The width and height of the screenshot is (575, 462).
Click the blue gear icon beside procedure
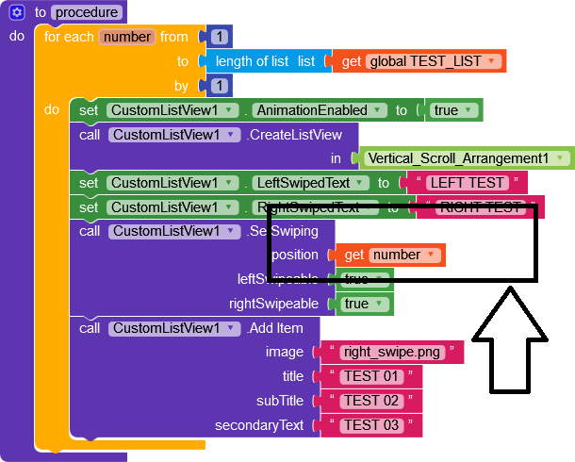pyautogui.click(x=17, y=13)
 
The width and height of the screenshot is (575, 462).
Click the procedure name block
pyautogui.click(x=88, y=13)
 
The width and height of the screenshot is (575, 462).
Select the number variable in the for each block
pyautogui.click(x=126, y=37)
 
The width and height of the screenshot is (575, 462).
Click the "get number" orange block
pyautogui.click(x=393, y=255)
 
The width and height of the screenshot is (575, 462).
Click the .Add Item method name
pyautogui.click(x=275, y=328)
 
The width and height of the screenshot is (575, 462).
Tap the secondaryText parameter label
pyautogui.click(x=259, y=425)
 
